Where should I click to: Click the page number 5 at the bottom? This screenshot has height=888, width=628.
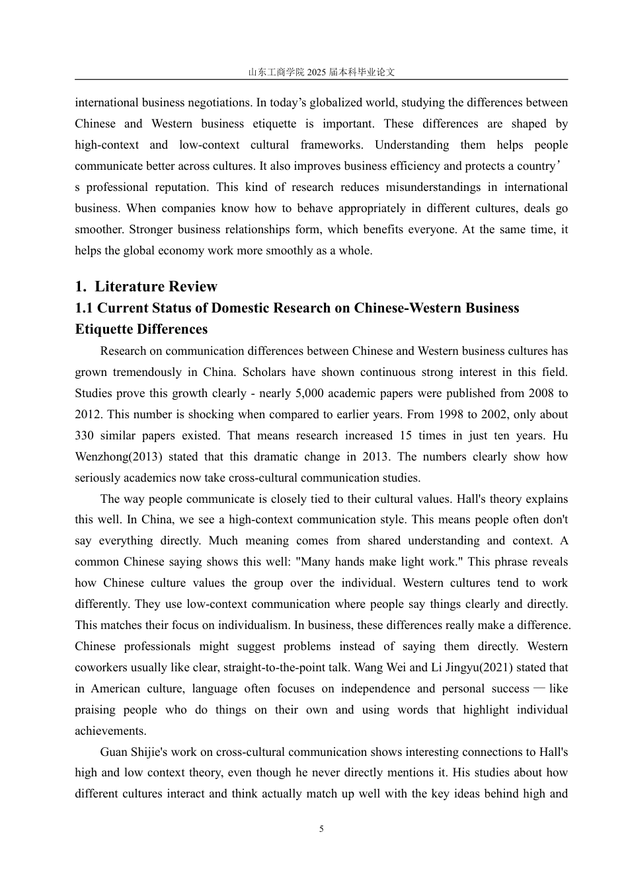(321, 829)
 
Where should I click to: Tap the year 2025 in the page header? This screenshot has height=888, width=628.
(317, 72)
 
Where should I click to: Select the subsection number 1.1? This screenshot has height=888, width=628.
(84, 308)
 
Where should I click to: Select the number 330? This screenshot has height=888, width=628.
(84, 435)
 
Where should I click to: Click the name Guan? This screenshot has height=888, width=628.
(113, 752)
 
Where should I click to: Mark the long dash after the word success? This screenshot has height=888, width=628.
(539, 688)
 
